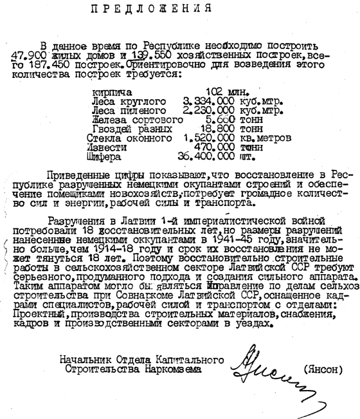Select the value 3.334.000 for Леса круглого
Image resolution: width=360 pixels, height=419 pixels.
tap(208, 102)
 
